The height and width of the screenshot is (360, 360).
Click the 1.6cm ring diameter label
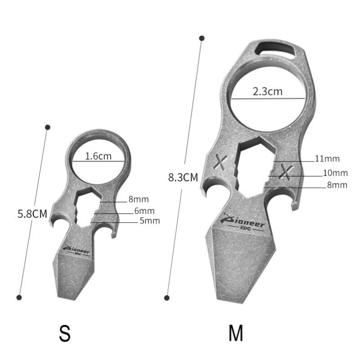98,156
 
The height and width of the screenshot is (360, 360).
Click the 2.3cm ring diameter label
267,91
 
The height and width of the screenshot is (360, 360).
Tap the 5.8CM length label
32,214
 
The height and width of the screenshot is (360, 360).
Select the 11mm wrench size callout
327,158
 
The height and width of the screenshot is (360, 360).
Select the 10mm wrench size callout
335,173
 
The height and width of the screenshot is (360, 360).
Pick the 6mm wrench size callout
145,211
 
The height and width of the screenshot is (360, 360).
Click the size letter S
65,334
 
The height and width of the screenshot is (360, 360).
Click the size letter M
236,334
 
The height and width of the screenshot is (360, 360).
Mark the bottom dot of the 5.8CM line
19,297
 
